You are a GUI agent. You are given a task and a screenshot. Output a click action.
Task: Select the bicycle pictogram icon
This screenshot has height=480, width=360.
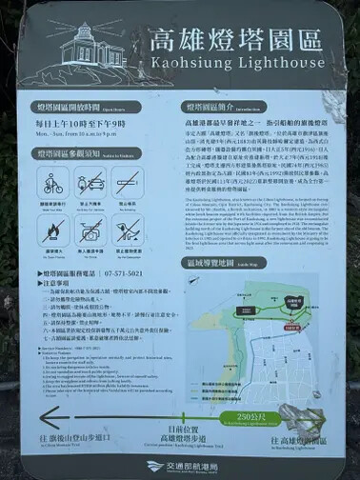pyautogui.click(x=53, y=184)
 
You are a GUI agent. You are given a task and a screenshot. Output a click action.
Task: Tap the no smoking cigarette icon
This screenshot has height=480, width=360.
pyautogui.click(x=127, y=184)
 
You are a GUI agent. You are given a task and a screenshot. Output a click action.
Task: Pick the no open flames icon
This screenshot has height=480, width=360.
pyautogui.click(x=53, y=229)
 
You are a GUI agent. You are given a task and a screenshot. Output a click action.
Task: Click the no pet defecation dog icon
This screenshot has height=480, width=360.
pyautogui.click(x=127, y=229)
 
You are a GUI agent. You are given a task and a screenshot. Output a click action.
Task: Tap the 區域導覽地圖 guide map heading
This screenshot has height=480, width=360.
pyautogui.click(x=212, y=262)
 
